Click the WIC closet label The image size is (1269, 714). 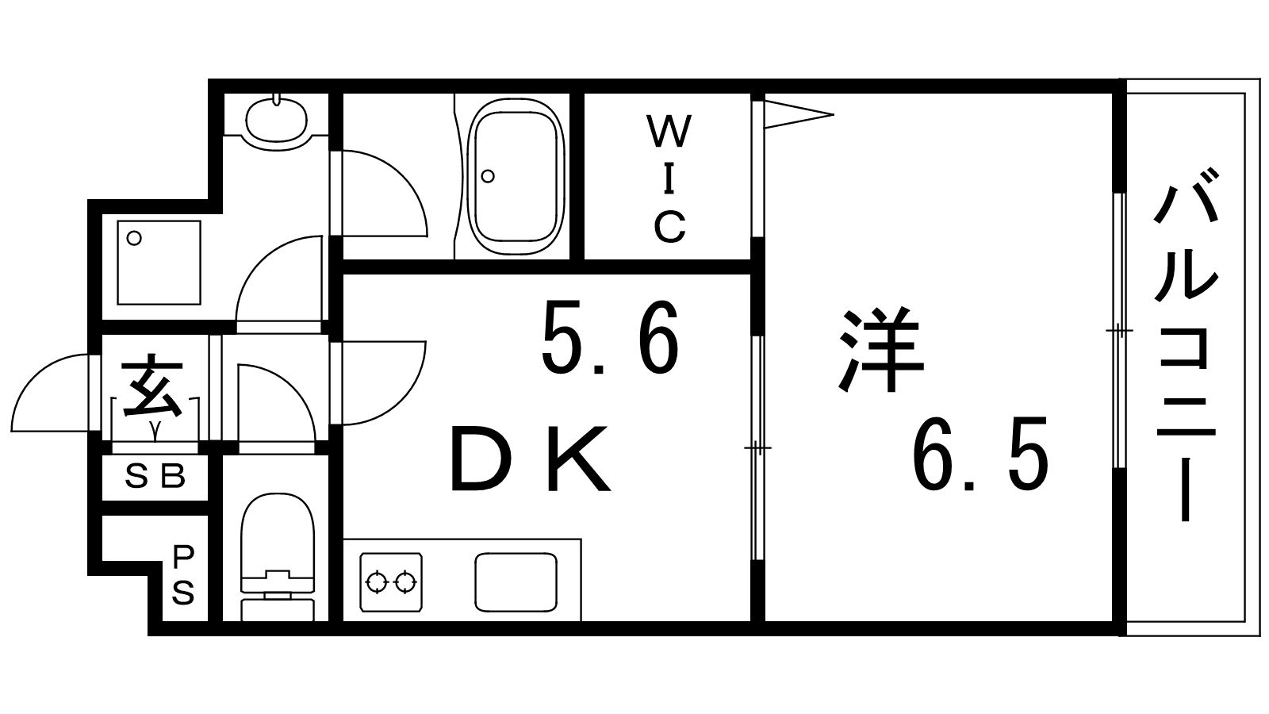(x=669, y=178)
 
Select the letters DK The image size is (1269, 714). (x=530, y=459)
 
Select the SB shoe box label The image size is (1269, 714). (x=155, y=477)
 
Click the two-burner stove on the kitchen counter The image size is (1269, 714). (x=391, y=582)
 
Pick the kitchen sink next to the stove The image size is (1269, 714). (x=516, y=582)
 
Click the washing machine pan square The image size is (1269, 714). (x=159, y=263)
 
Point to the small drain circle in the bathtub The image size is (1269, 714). (x=488, y=176)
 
